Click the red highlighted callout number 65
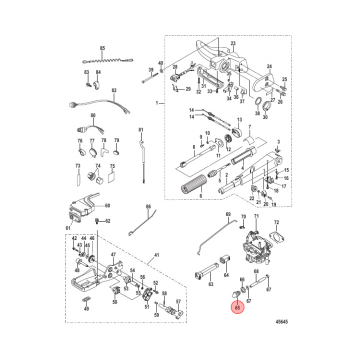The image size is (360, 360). click(x=237, y=307)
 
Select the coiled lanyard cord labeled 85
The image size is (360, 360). click(x=108, y=61)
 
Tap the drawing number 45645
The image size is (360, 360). click(x=281, y=321)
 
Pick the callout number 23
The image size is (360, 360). click(x=233, y=43)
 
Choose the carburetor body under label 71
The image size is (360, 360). click(x=255, y=248)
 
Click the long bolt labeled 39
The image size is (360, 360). click(x=150, y=78)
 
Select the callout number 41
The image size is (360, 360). click(x=156, y=255)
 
